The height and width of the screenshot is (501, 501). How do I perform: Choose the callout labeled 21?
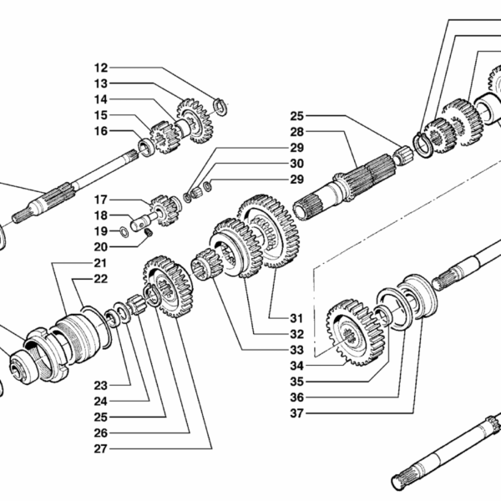(x=101, y=264)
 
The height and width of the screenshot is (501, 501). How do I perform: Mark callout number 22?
(x=101, y=279)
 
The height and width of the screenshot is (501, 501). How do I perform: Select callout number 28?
(x=298, y=131)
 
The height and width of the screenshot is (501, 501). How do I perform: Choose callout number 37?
(x=296, y=412)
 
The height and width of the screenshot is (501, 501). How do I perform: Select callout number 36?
(x=296, y=396)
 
